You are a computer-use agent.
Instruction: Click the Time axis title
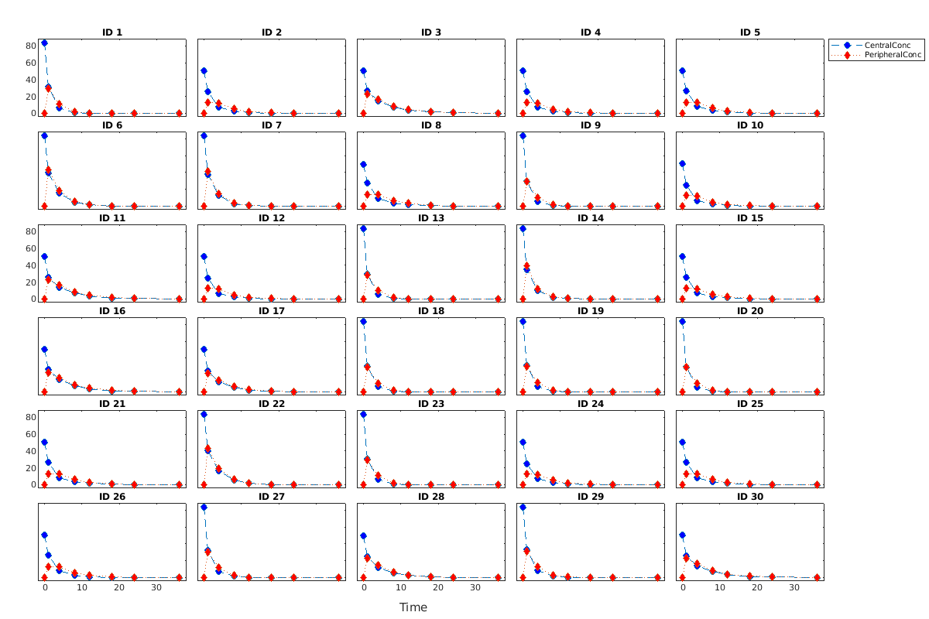pos(413,607)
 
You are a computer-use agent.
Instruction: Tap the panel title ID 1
pos(112,32)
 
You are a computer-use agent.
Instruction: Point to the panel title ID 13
pos(431,218)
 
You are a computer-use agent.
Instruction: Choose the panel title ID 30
pos(750,497)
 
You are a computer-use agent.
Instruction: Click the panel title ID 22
pos(272,404)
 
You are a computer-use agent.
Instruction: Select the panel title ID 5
pos(750,32)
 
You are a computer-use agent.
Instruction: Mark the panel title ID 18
pos(431,311)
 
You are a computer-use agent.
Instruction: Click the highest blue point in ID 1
pos(45,43)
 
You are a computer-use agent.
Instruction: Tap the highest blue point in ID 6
pos(45,136)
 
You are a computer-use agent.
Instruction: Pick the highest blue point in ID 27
pos(204,508)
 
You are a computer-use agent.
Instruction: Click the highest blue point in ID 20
pos(683,322)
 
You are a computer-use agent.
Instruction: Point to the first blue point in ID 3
pos(364,71)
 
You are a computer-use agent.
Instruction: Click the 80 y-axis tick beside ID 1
pos(31,46)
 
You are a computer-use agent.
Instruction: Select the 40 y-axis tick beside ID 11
pos(31,265)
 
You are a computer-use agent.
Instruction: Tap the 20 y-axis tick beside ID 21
pos(31,468)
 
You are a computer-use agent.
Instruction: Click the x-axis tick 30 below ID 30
pos(794,588)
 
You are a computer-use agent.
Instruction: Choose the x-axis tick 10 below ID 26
pos(82,588)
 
